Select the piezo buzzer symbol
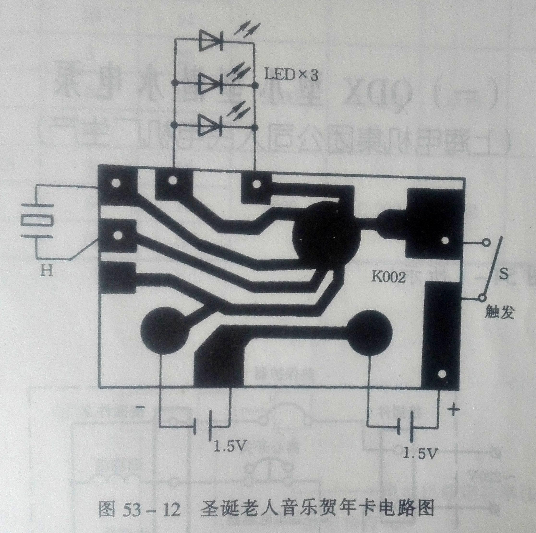[x=37, y=220]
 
